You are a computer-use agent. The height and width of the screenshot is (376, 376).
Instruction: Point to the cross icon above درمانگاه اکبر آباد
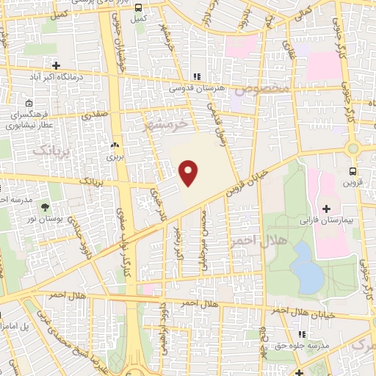(x=56, y=65)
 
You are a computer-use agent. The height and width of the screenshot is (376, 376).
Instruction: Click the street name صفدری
(x=95, y=115)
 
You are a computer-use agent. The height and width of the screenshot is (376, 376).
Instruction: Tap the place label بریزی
(x=112, y=156)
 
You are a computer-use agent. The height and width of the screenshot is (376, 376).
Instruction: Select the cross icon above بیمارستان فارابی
(x=325, y=209)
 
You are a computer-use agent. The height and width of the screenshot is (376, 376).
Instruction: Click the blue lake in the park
(x=308, y=267)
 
